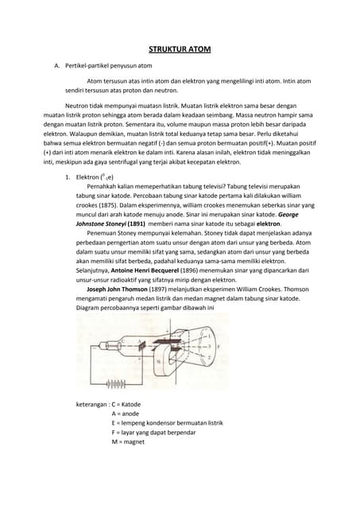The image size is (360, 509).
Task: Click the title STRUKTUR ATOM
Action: [x=180, y=49]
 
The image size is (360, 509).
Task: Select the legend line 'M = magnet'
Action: [x=130, y=442]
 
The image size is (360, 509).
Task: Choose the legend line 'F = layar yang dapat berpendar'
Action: [x=157, y=433]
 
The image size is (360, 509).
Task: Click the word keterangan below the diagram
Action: [x=91, y=404]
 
